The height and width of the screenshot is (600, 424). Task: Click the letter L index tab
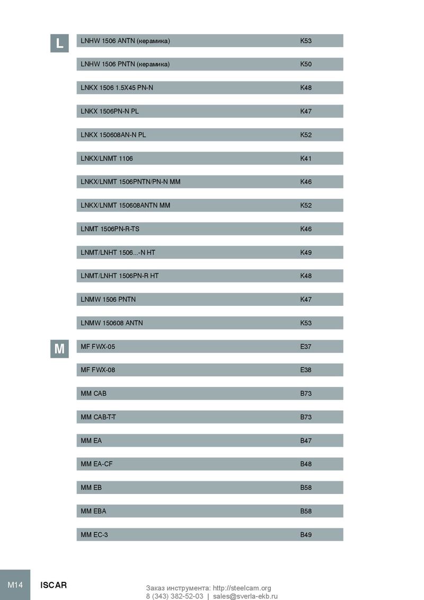(x=60, y=43)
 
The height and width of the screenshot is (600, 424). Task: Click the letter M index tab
(x=60, y=349)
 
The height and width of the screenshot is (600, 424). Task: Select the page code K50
(x=306, y=64)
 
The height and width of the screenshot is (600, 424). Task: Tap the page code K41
(x=306, y=158)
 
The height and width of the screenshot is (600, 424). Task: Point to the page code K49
(x=306, y=252)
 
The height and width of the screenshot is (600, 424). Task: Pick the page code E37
(x=306, y=347)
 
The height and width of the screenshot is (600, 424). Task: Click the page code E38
(x=306, y=370)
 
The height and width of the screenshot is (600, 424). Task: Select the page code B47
(x=306, y=440)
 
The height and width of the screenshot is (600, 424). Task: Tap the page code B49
(x=306, y=535)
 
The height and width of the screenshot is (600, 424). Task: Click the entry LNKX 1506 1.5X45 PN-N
(x=117, y=87)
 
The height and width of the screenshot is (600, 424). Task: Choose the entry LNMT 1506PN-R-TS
(x=110, y=229)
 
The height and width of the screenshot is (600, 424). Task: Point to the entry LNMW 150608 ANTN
(x=112, y=323)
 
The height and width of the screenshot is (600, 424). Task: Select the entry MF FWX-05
(x=98, y=347)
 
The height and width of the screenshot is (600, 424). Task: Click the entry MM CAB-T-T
(x=99, y=417)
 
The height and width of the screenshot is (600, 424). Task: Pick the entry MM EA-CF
(x=96, y=464)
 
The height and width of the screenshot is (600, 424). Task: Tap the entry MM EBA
(x=93, y=511)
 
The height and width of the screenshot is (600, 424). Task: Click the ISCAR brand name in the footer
(x=54, y=585)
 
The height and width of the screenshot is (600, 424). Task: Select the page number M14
(x=15, y=585)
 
